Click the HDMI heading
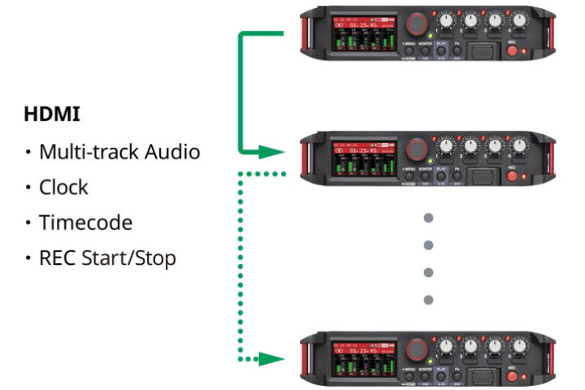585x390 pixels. pyautogui.click(x=52, y=114)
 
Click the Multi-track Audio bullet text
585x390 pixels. pyautogui.click(x=119, y=151)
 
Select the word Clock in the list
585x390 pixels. pyautogui.click(x=63, y=187)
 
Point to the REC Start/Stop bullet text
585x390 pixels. pyautogui.click(x=107, y=258)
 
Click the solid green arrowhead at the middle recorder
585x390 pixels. pyautogui.click(x=274, y=151)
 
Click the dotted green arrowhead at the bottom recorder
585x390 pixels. pyautogui.click(x=274, y=357)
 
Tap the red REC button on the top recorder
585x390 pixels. pyautogui.click(x=513, y=51)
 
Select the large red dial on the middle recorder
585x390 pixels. pyautogui.click(x=417, y=148)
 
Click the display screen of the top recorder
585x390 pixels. pyautogui.click(x=362, y=33)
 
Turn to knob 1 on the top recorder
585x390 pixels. pyautogui.click(x=447, y=17)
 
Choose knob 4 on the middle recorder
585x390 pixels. pyautogui.click(x=519, y=145)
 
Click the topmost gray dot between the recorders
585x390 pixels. pyautogui.click(x=429, y=218)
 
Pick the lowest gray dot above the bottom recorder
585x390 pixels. pyautogui.click(x=429, y=300)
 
